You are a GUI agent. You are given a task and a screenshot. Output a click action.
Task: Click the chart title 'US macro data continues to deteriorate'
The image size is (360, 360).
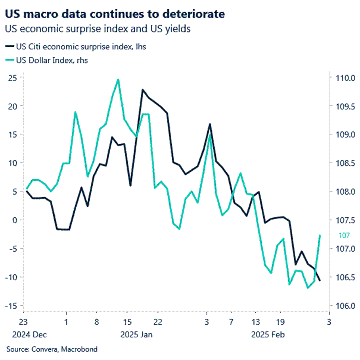tap(115, 14)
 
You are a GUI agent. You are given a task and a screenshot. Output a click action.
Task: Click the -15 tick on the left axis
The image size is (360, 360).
tap(12, 306)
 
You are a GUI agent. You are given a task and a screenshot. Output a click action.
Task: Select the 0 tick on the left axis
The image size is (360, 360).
tap(16, 220)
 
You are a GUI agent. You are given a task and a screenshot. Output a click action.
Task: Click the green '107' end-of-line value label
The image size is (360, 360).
tap(344, 236)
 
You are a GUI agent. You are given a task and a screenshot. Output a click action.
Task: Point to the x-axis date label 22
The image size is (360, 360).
tap(157, 322)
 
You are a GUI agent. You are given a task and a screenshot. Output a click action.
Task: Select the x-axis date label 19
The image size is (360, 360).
tap(280, 322)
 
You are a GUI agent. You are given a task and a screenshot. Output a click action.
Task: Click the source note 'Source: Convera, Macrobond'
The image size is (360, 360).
tap(52, 349)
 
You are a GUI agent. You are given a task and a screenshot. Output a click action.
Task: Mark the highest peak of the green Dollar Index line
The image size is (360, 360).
tap(118, 79)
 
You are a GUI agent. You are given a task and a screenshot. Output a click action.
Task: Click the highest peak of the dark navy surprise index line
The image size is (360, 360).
tap(143, 90)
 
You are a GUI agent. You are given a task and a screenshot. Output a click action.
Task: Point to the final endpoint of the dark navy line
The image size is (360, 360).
tap(320, 281)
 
